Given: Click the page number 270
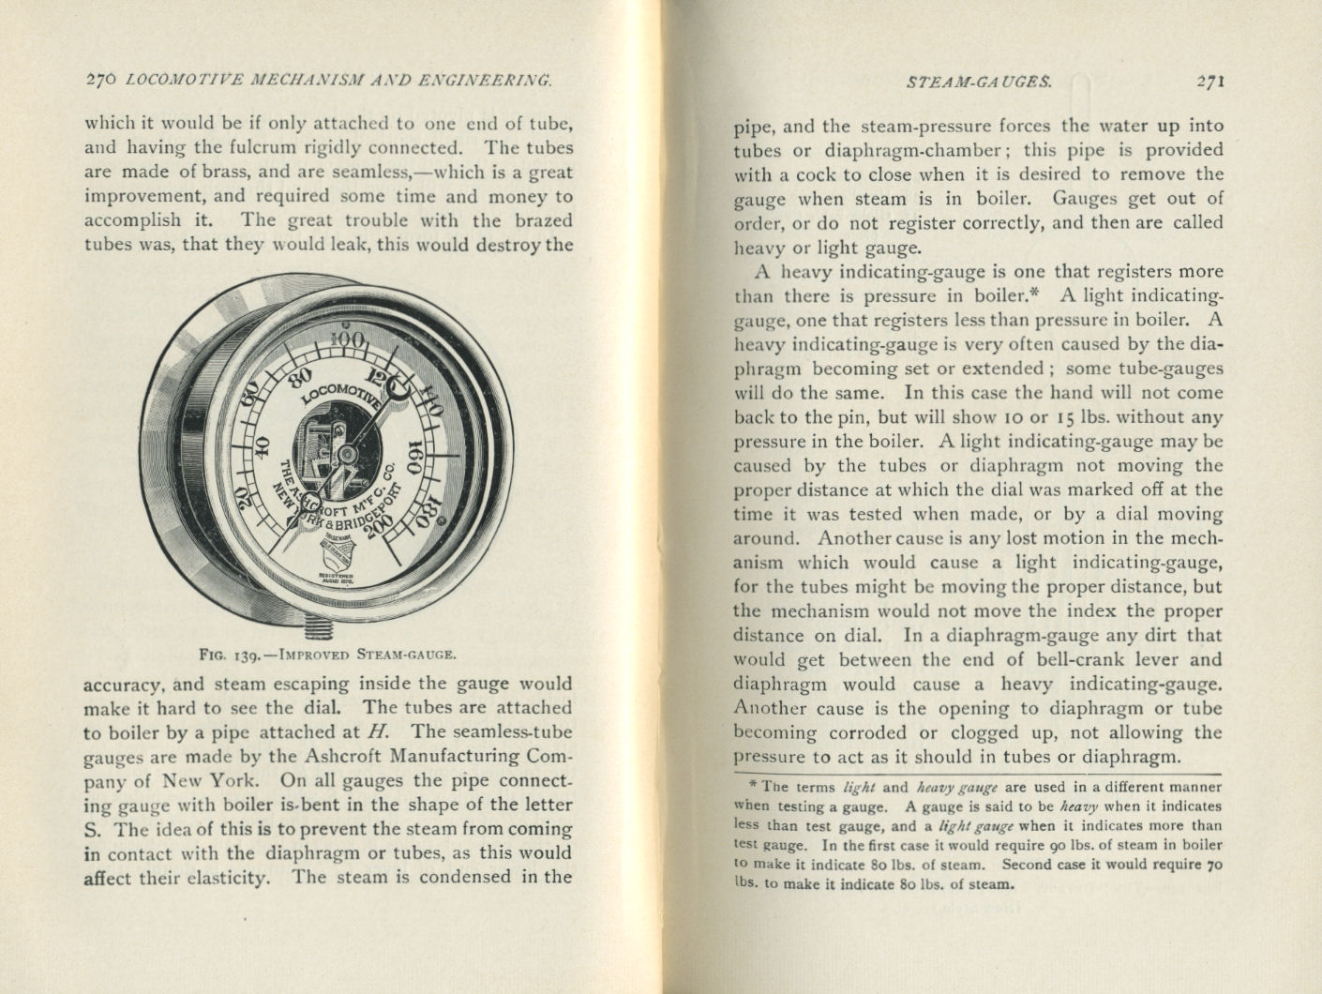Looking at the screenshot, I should (x=99, y=82).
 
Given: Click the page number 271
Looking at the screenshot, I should (x=1210, y=82).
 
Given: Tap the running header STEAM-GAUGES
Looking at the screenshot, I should (x=979, y=82).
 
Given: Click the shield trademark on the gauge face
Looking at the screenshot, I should (x=337, y=553).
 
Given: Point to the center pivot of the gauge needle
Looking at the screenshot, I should (x=347, y=454).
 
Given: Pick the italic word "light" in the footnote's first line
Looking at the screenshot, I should (x=860, y=788).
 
